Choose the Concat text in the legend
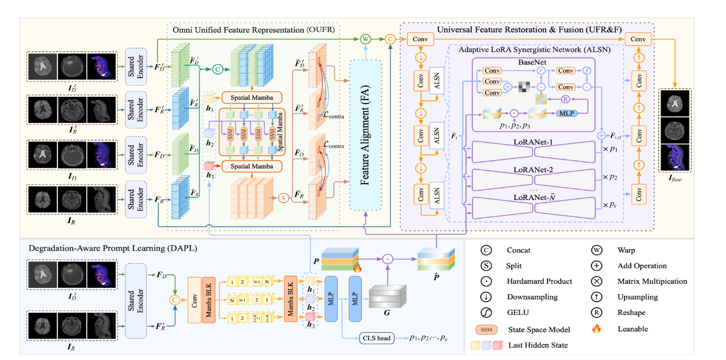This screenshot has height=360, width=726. pyautogui.click(x=519, y=250)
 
